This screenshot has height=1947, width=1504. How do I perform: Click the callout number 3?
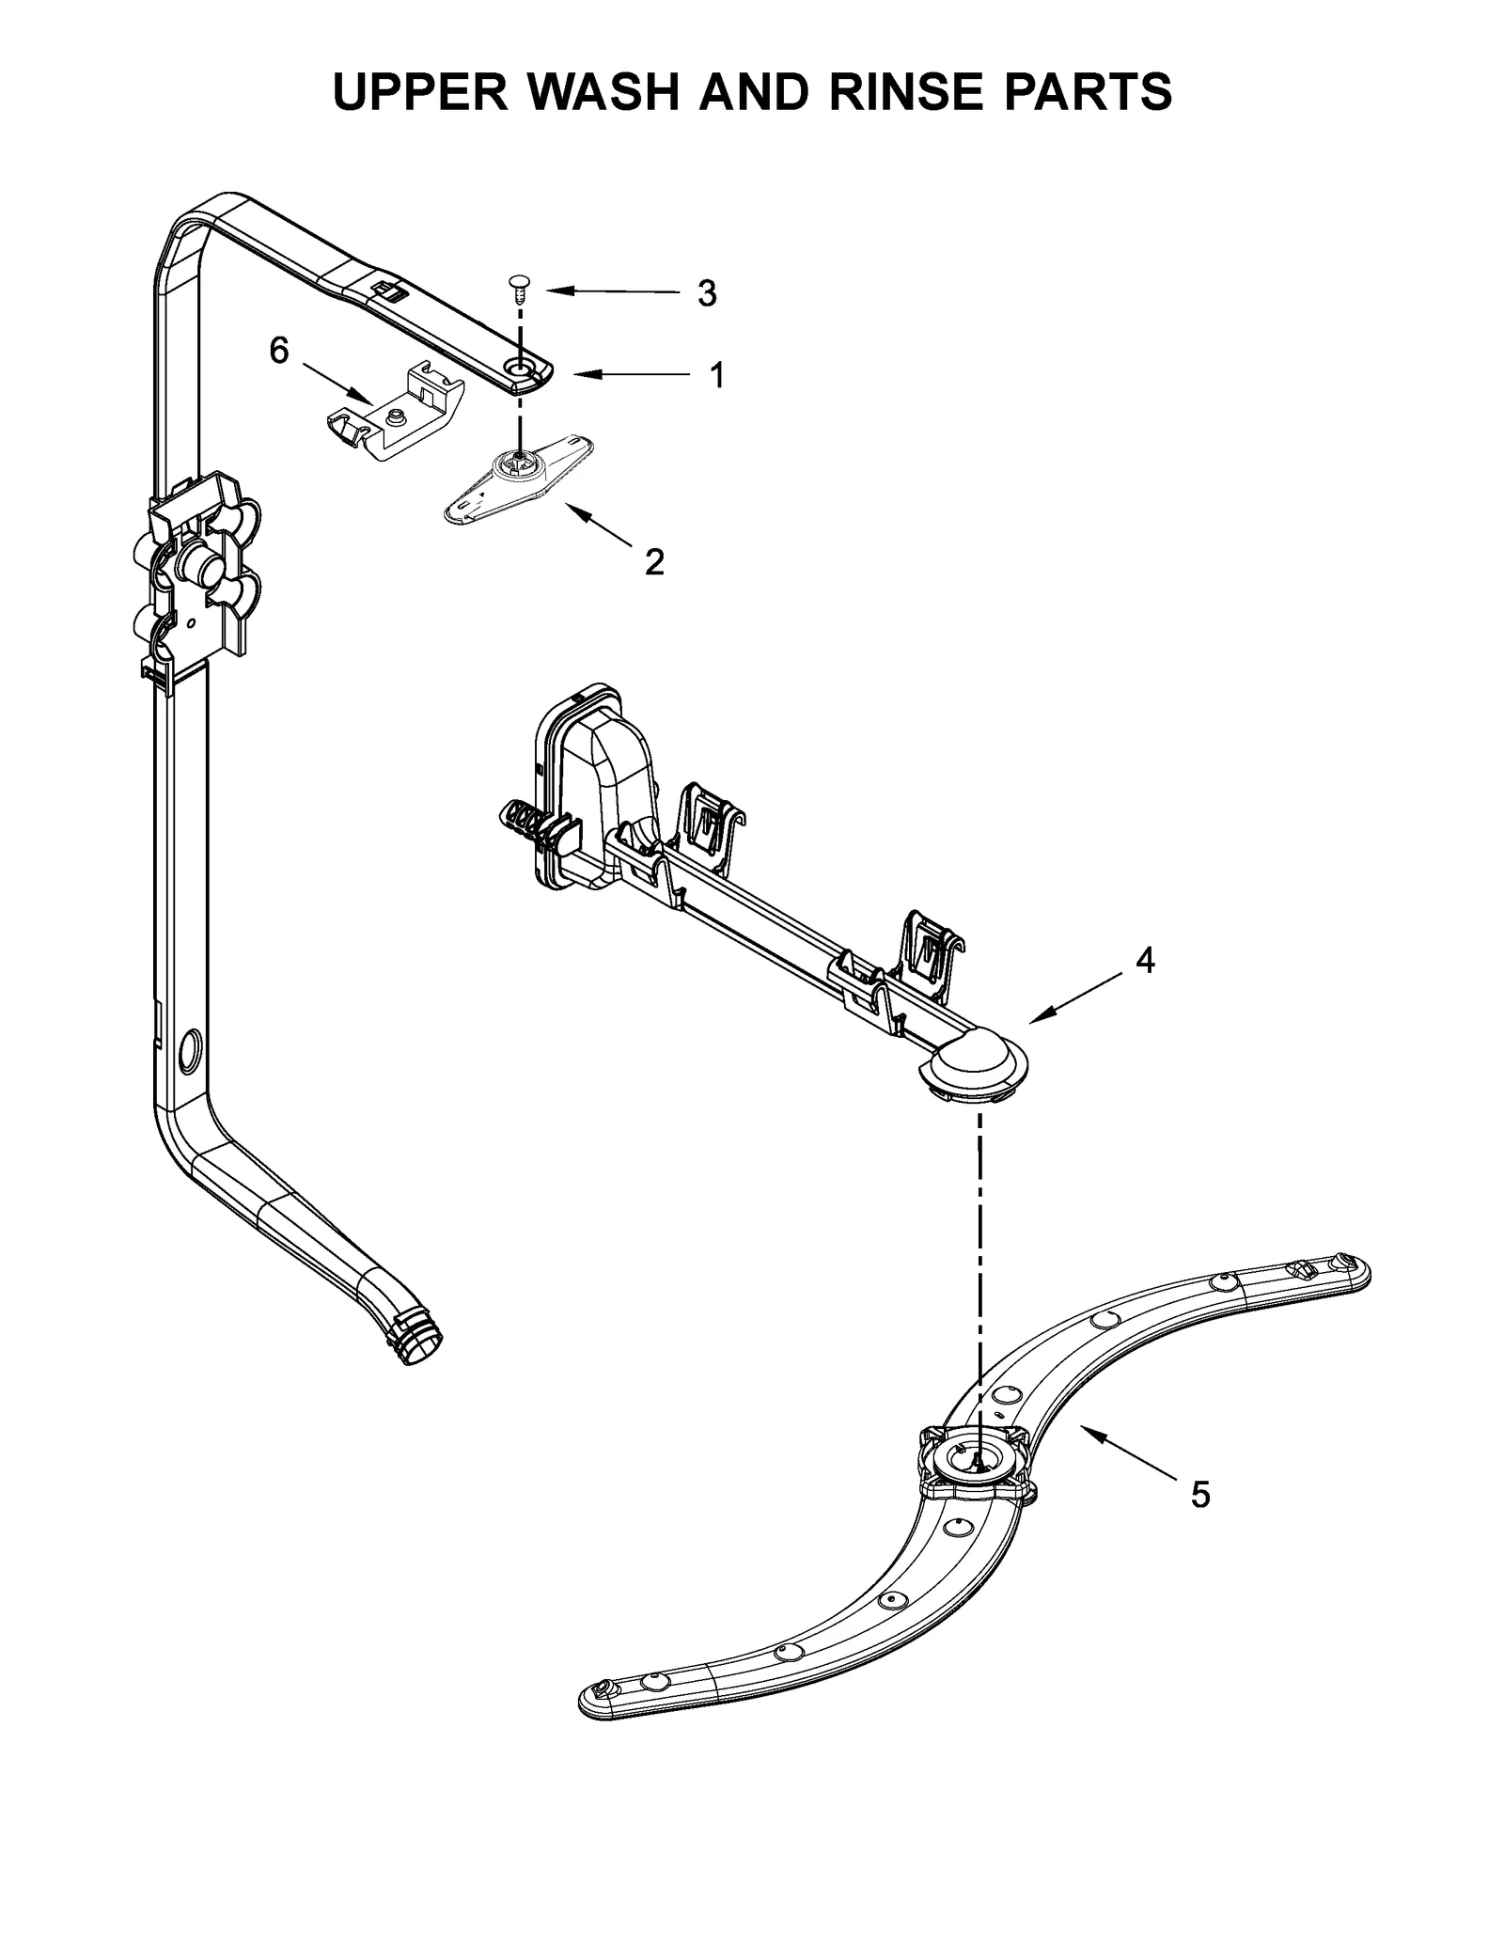click(x=707, y=294)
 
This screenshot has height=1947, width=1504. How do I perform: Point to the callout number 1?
click(x=716, y=376)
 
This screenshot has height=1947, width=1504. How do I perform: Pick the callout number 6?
click(x=279, y=352)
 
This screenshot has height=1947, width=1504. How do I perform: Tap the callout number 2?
click(x=654, y=562)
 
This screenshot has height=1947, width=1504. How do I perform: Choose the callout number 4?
click(x=1145, y=960)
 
